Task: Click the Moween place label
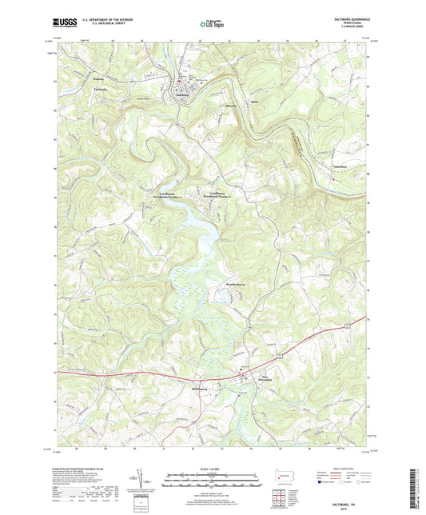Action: click(208, 103)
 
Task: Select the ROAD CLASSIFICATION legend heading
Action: click(340, 469)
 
